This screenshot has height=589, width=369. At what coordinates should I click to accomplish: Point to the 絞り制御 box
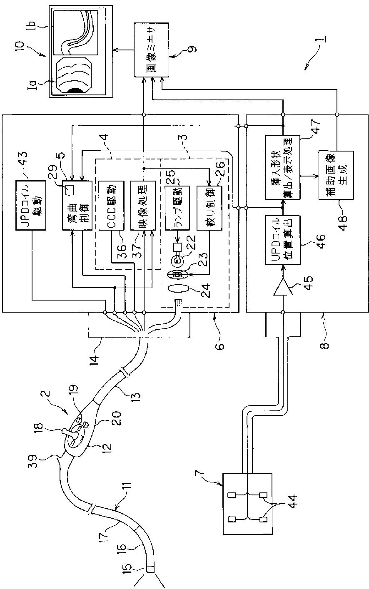click(x=209, y=207)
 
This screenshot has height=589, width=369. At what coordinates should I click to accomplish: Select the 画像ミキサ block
click(x=152, y=50)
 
